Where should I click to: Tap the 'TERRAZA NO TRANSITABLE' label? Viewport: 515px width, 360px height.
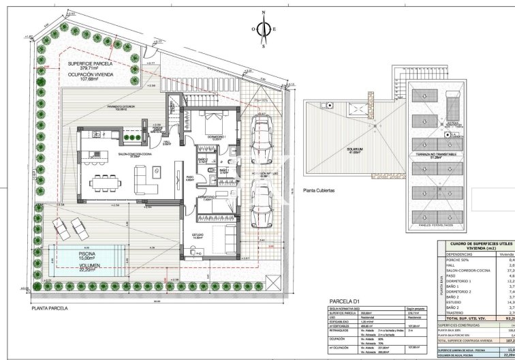point(436,157)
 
